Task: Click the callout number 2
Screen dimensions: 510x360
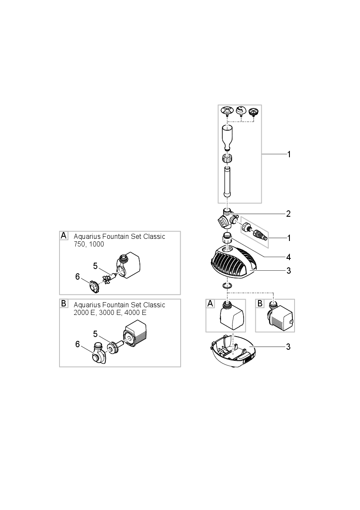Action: [288, 214]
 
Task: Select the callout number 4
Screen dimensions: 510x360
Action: [288, 257]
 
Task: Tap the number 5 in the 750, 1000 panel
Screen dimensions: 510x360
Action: [96, 266]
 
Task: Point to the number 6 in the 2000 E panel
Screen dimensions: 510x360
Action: [78, 344]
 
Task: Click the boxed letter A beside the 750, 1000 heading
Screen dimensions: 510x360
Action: [64, 235]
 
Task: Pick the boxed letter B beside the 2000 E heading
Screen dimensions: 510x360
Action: [64, 303]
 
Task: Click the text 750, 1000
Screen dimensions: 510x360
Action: [89, 244]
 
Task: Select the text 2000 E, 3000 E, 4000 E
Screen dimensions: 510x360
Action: [110, 312]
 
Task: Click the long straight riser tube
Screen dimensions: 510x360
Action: [227, 181]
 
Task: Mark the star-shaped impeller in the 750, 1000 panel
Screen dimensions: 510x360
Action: [107, 279]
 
